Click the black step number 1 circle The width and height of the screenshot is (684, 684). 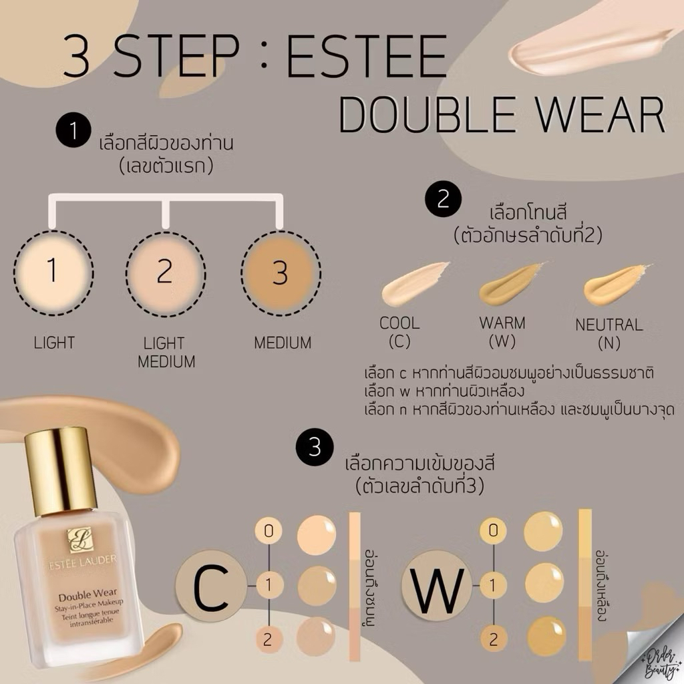(73, 130)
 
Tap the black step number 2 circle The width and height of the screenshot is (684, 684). (444, 199)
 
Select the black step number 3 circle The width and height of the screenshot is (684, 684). (315, 447)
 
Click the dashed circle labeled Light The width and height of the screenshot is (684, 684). (53, 273)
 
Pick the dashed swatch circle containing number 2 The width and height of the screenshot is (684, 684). (166, 273)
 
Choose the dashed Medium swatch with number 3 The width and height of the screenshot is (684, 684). (281, 273)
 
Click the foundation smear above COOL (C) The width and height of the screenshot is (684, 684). (414, 283)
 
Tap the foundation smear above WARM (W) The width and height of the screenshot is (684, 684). (512, 283)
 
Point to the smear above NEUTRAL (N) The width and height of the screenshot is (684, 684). (617, 283)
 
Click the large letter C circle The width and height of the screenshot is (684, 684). (211, 586)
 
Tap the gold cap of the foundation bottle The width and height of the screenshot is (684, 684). (61, 470)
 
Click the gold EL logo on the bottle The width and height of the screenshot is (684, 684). (79, 540)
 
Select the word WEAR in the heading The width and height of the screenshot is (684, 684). (601, 114)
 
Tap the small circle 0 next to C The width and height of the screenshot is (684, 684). (269, 531)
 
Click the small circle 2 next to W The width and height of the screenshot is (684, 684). (494, 639)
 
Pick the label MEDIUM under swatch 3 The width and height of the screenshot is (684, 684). (283, 343)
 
